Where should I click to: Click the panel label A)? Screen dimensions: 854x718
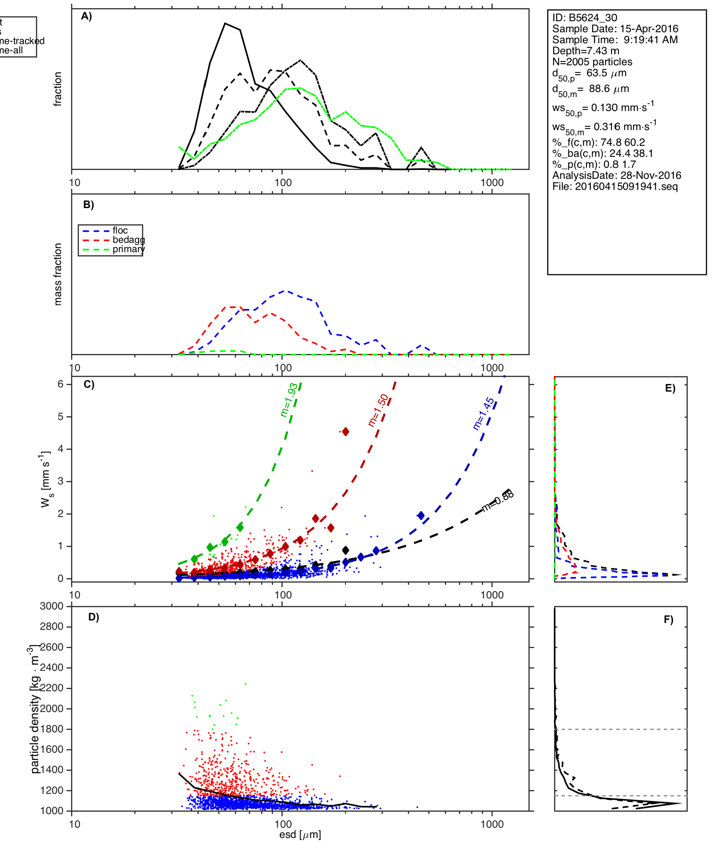86,17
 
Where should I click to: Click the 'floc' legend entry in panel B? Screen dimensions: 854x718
120,231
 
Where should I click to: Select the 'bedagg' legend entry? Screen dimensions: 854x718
128,240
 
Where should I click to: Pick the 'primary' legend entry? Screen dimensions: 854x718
128,249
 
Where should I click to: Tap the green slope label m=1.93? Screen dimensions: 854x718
289,400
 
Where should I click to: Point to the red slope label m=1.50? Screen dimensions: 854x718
378,410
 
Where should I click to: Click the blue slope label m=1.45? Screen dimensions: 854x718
483,414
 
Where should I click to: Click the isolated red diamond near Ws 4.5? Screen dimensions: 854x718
345,431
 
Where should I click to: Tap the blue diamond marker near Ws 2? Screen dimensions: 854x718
421,515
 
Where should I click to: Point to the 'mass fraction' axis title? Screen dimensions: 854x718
58,274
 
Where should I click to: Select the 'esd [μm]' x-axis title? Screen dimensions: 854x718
300,835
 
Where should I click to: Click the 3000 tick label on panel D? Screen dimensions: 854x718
51,606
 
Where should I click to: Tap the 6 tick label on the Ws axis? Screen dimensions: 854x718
61,384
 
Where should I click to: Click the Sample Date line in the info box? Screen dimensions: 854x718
615,29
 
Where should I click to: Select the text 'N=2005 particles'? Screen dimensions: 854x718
592,62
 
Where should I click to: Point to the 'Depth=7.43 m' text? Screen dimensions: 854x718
585,51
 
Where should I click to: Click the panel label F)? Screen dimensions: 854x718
668,620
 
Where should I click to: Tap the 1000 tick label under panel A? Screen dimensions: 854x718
492,183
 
